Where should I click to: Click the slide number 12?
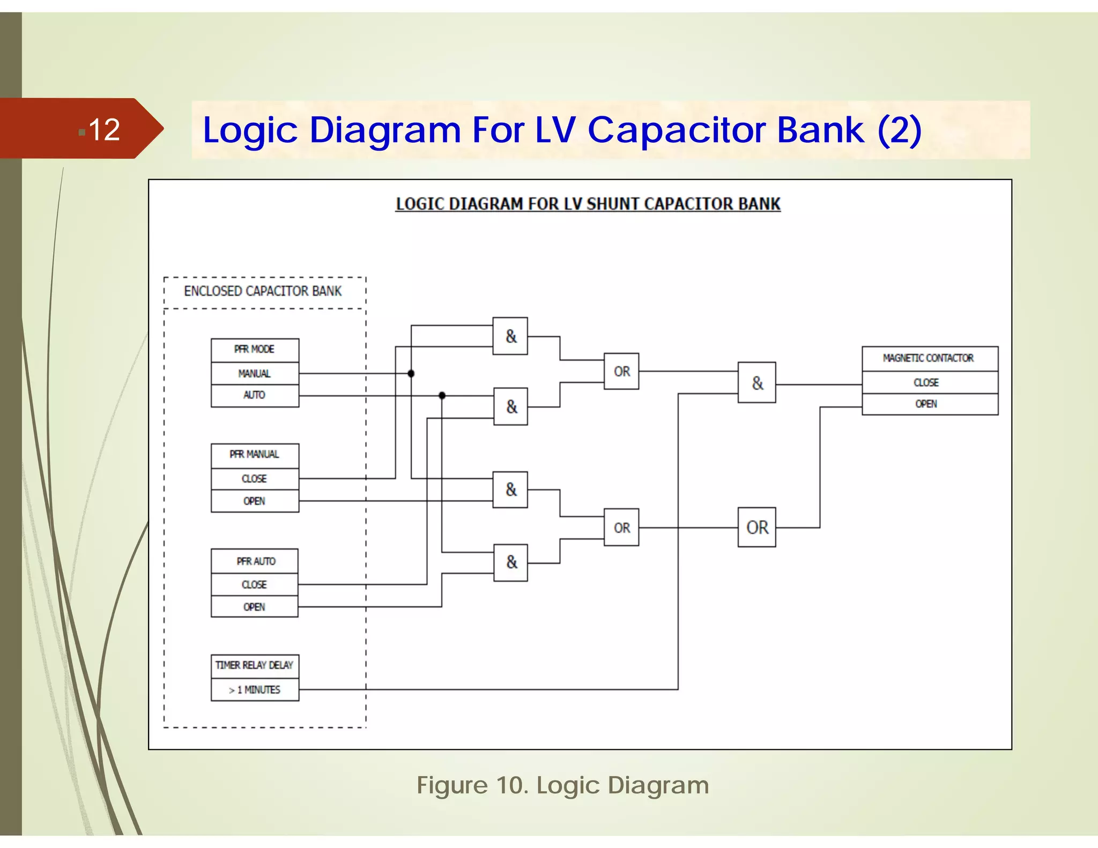point(104,130)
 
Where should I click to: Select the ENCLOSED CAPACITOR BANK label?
point(263,291)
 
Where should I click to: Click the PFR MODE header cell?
point(255,349)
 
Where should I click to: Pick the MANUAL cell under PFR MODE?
point(255,374)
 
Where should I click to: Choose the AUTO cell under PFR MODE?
point(255,395)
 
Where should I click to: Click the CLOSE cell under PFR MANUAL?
point(255,479)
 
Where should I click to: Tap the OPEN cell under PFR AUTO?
point(255,607)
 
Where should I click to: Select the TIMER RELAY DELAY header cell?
point(255,665)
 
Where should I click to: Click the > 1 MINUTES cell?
point(255,690)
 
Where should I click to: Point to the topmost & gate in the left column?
point(510,336)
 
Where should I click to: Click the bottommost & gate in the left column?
point(510,562)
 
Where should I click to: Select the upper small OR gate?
point(621,371)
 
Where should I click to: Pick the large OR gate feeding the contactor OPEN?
point(756,527)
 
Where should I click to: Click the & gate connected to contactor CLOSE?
point(756,383)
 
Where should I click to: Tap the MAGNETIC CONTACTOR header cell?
point(929,358)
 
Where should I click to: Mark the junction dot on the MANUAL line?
point(411,374)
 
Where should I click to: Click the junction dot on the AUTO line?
point(442,396)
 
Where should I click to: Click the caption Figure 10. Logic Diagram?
point(562,786)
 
